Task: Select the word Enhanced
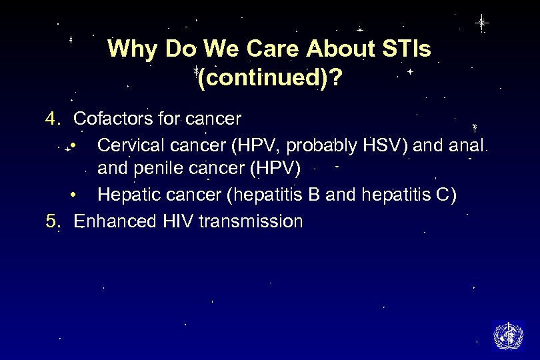[x=115, y=221]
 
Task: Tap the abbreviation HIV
[x=177, y=221]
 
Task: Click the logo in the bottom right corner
[x=508, y=335]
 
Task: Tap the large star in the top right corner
[x=481, y=23]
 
